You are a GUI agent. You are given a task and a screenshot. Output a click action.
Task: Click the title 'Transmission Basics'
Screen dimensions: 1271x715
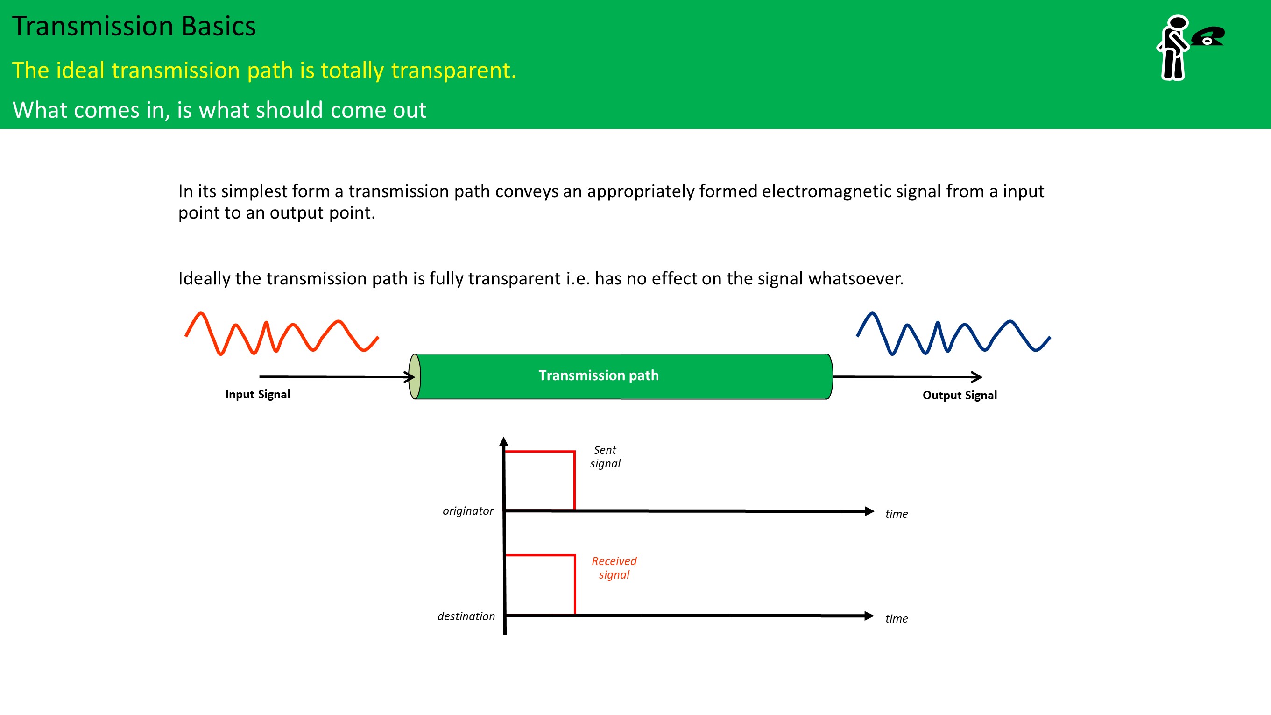[x=134, y=26]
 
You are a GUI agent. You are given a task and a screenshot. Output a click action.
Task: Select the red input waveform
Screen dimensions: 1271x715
[x=282, y=333]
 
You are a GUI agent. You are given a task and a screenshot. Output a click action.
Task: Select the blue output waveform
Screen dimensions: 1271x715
[x=953, y=333]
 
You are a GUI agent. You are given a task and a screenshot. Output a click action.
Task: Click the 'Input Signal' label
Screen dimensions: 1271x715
[x=258, y=394]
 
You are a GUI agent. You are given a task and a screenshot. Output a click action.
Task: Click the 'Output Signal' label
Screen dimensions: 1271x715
[x=960, y=395]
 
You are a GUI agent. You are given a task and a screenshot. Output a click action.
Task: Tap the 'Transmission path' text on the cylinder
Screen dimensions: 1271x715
[x=599, y=375]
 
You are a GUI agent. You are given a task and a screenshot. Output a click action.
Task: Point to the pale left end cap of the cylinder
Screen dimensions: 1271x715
[x=415, y=376]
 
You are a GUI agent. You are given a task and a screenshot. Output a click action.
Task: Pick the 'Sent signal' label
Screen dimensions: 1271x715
[x=606, y=456]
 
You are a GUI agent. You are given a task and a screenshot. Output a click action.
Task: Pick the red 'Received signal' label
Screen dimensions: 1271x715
[x=614, y=567]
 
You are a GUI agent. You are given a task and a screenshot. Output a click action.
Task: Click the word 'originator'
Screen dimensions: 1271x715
[x=468, y=511]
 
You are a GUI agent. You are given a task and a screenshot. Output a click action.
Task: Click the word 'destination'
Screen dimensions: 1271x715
[x=466, y=616]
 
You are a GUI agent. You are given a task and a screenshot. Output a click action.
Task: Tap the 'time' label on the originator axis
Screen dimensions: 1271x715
[x=897, y=514]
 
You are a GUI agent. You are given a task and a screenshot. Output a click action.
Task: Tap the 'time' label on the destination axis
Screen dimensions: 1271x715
[x=897, y=619]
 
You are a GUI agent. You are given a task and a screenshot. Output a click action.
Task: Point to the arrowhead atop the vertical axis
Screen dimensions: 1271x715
[x=504, y=441]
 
